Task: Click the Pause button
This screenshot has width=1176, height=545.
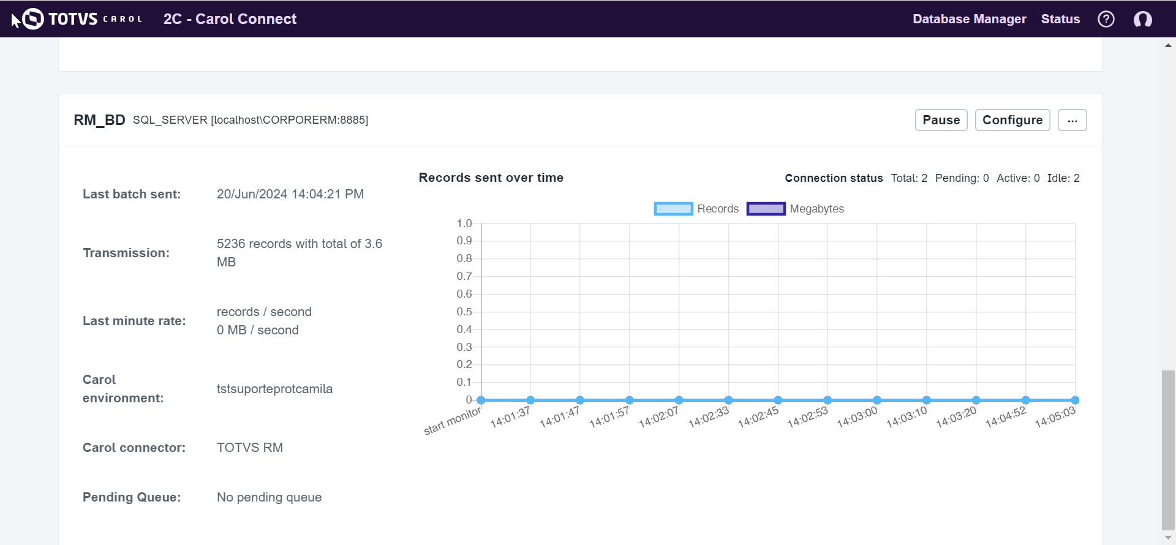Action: pos(941,120)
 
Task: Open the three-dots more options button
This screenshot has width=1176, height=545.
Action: pos(1072,120)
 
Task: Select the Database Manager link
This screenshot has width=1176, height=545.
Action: pos(969,19)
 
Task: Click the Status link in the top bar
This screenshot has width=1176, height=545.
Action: pos(1060,19)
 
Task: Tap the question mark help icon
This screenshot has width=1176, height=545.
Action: pos(1106,19)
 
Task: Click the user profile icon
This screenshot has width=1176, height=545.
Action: pos(1142,19)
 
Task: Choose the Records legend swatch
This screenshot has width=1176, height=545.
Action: pos(673,209)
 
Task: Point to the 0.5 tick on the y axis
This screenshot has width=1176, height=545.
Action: pos(464,312)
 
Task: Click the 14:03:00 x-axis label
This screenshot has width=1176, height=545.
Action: pos(857,418)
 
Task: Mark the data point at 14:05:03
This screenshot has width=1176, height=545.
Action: pos(1075,400)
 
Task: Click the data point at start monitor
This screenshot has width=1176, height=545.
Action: pos(481,400)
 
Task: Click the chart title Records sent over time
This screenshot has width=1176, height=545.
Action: pos(491,178)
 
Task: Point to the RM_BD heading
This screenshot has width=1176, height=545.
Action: pos(99,120)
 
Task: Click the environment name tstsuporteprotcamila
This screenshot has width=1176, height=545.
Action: pos(274,389)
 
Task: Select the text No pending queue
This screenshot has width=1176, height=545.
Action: pos(269,497)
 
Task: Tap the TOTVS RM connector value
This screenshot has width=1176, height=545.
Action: pos(249,448)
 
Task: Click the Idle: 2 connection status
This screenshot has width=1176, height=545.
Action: pos(1063,178)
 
